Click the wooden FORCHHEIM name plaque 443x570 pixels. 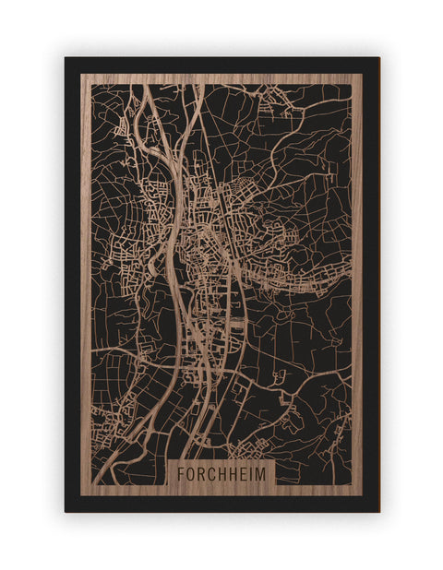point(221,474)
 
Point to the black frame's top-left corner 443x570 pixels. point(66,58)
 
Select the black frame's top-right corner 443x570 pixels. point(378,58)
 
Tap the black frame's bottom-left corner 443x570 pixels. point(66,511)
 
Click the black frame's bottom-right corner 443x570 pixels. point(378,511)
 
